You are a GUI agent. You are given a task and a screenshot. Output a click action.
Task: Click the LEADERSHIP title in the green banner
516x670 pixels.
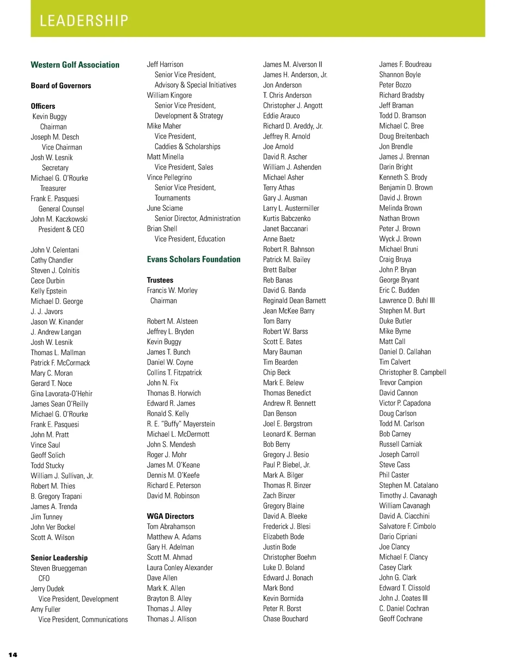tap(84, 21)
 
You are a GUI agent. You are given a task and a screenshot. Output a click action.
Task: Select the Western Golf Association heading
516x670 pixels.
tap(75, 65)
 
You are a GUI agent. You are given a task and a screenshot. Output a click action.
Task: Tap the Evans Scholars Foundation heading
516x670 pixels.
tap(193, 259)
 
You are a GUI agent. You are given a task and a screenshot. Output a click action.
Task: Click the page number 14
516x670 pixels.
tap(13, 655)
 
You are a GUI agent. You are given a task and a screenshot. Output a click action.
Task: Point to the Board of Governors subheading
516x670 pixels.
tap(61, 86)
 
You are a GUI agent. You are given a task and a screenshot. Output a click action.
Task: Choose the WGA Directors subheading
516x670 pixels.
tap(170, 516)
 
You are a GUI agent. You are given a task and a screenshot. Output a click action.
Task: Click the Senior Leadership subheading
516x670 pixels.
tap(59, 558)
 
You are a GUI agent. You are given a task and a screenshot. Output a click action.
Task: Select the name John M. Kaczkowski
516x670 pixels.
tap(59, 219)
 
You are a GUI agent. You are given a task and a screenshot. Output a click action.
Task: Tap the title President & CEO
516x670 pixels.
tap(61, 229)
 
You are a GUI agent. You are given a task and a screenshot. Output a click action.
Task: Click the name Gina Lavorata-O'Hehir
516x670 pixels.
tap(61, 393)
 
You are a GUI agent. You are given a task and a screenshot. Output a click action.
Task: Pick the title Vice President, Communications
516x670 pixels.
tap(83, 619)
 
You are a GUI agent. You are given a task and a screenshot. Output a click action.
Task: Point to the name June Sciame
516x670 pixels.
tap(165, 208)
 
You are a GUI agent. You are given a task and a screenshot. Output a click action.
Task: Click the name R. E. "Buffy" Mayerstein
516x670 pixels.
tap(181, 424)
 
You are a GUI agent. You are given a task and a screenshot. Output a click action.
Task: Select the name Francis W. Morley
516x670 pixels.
tap(172, 290)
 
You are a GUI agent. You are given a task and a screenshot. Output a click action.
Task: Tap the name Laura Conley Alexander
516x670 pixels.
tap(180, 568)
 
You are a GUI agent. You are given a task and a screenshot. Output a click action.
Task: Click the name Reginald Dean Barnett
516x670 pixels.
tap(295, 301)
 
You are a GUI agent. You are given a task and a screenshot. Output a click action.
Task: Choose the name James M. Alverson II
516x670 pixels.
tap(292, 65)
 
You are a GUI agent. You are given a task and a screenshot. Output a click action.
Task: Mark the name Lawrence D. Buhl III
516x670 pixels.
tap(407, 301)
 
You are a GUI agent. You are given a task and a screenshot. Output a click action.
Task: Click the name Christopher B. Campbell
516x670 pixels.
tap(412, 372)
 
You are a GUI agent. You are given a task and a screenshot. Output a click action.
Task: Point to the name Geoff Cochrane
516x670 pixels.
tap(401, 619)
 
